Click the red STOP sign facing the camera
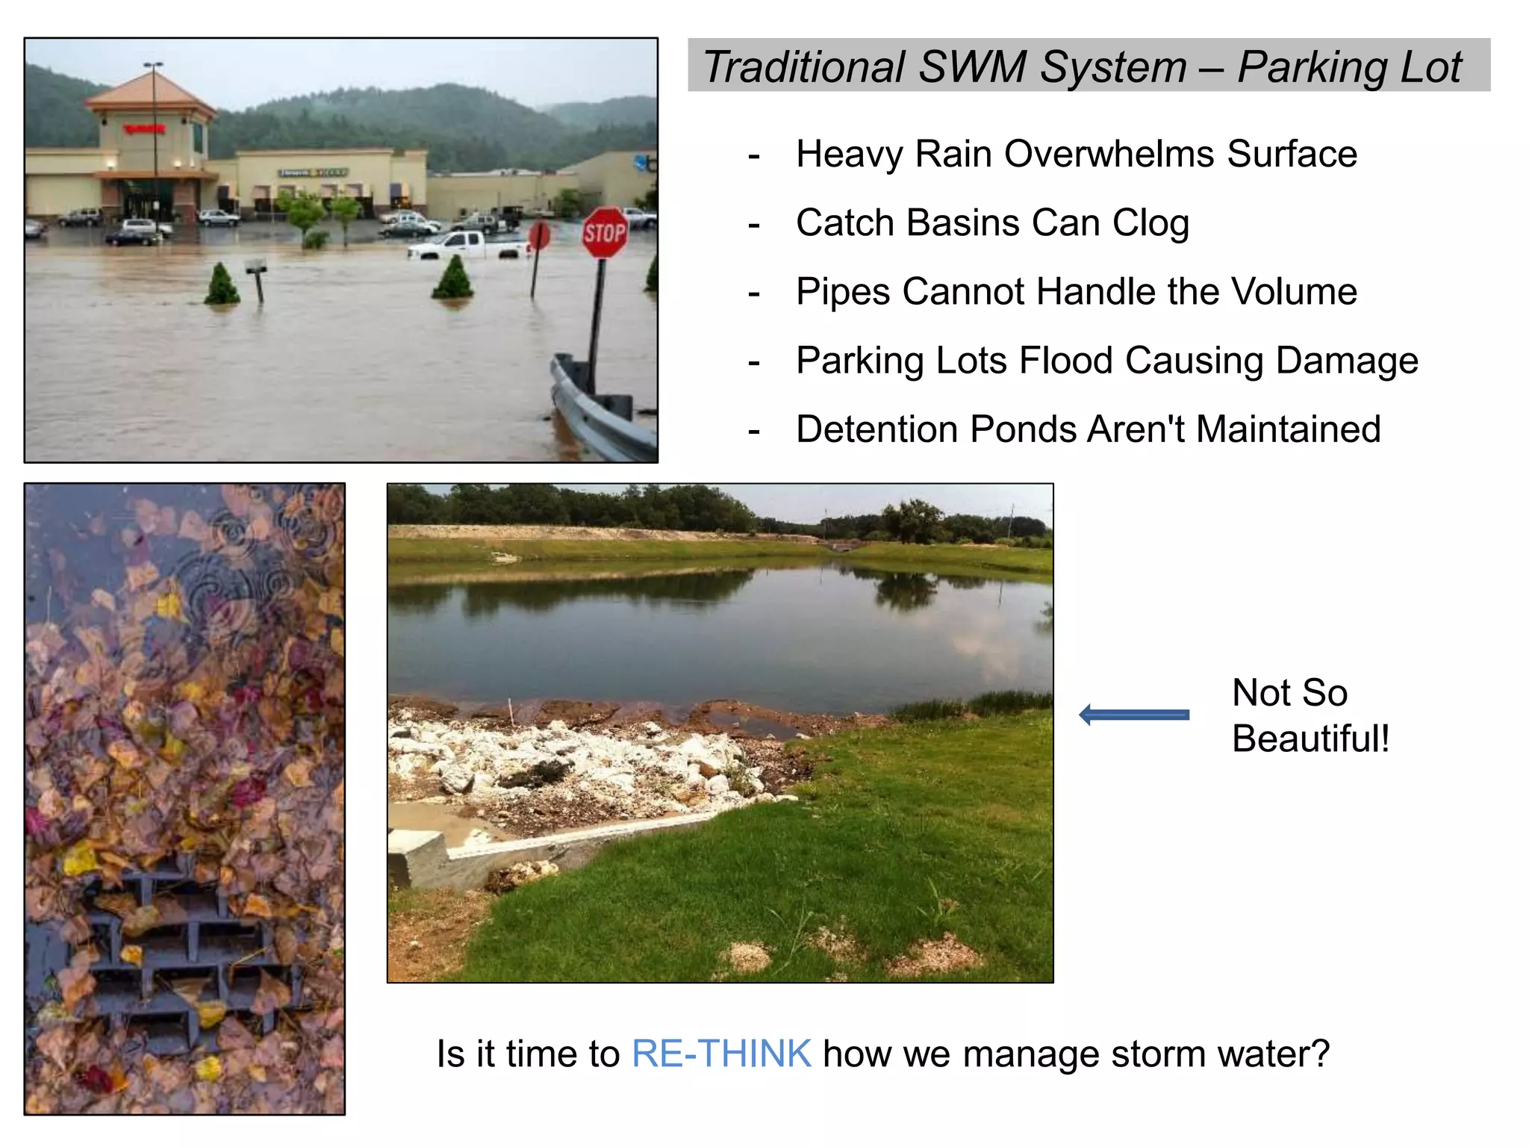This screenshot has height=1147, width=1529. coord(605,234)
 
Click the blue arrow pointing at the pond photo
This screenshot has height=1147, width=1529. coord(1134,715)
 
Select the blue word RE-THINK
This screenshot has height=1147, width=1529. coord(721,1054)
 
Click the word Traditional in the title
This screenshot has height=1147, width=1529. coord(804,67)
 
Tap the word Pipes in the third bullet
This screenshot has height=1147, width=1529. coord(843,291)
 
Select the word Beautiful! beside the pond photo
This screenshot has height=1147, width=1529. coord(1310,739)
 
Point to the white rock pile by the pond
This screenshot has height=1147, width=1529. coord(567,754)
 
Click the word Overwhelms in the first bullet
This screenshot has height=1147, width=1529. coord(1109,155)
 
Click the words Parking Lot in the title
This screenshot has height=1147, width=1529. coord(1350,67)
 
